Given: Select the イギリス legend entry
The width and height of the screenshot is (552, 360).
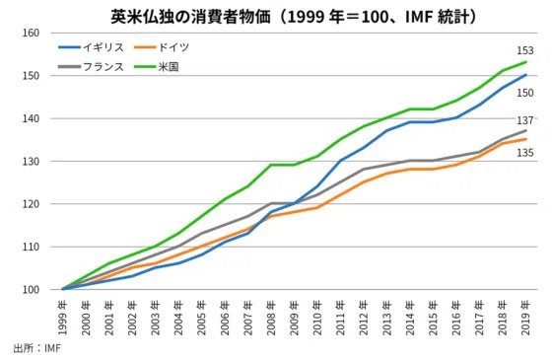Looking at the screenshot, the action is click(x=91, y=47).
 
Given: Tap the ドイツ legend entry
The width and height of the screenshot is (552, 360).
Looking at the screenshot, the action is click(x=162, y=47).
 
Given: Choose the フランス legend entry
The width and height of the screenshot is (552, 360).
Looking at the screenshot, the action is click(x=91, y=67).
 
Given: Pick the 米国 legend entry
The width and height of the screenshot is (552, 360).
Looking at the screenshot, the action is click(x=157, y=67).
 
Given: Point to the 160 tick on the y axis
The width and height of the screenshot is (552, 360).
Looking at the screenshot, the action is click(x=31, y=34).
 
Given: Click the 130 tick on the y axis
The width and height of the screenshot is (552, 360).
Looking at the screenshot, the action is click(x=31, y=162).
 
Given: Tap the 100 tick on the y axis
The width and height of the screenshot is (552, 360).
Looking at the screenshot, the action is click(x=31, y=290).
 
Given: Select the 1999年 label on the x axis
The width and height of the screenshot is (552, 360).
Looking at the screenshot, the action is click(x=63, y=318).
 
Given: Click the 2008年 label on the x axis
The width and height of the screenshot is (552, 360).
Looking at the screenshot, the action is click(x=271, y=318).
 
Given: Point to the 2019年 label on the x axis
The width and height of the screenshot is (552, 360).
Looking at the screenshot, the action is click(x=525, y=318).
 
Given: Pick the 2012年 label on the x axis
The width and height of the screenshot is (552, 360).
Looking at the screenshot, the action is click(x=364, y=318).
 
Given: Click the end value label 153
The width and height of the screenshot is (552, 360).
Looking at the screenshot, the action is click(x=524, y=50).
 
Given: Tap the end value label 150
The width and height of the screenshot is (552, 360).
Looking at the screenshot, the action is click(x=524, y=93).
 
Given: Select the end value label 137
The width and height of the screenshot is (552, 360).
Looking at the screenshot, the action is click(x=524, y=120).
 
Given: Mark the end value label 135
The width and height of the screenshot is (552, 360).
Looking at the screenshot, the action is click(x=524, y=153).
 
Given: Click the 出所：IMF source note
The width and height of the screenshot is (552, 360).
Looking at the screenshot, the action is click(x=37, y=348).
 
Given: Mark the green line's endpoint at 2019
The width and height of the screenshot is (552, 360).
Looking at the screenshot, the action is click(x=526, y=62).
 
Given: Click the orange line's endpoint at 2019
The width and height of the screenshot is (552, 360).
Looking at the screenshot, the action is click(x=526, y=139).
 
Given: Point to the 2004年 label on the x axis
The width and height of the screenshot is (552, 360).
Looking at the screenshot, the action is click(x=178, y=318).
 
